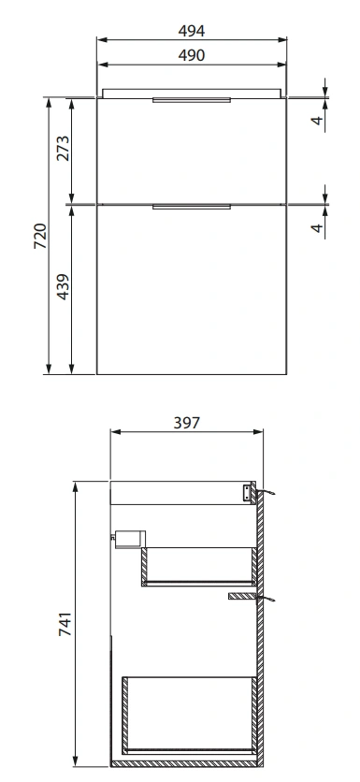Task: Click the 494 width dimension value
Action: coord(192,31)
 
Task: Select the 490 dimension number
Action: coord(192,55)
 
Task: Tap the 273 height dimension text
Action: coord(64,148)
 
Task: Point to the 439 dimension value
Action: coord(64,287)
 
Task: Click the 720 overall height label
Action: coord(40,237)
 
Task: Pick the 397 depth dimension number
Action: coord(186,423)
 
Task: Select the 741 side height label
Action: coord(65,624)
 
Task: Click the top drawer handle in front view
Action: coord(192,100)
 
